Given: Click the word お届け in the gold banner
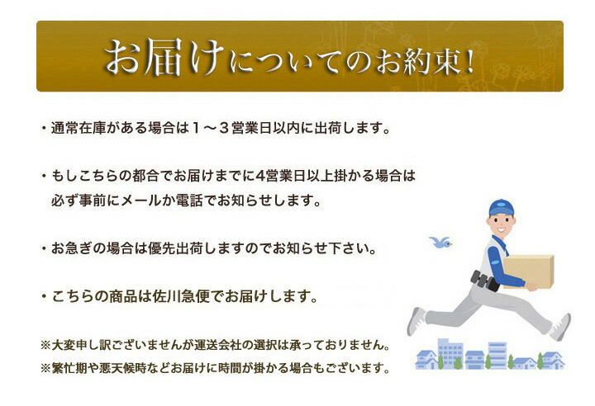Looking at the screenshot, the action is pyautogui.click(x=164, y=57).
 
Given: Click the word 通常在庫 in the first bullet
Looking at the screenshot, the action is pyautogui.click(x=79, y=128).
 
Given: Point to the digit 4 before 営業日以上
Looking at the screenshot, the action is pyautogui.click(x=260, y=176).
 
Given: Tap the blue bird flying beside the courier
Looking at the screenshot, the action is pyautogui.click(x=440, y=242).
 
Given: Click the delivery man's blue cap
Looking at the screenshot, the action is pyautogui.click(x=501, y=208).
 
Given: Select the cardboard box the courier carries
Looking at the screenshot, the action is pyautogui.click(x=529, y=271).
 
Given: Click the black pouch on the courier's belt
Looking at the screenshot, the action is pyautogui.click(x=484, y=281).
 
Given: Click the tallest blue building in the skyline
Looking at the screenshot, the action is pyautogui.click(x=450, y=352).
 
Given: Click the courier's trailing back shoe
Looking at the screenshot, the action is pyautogui.click(x=416, y=321).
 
